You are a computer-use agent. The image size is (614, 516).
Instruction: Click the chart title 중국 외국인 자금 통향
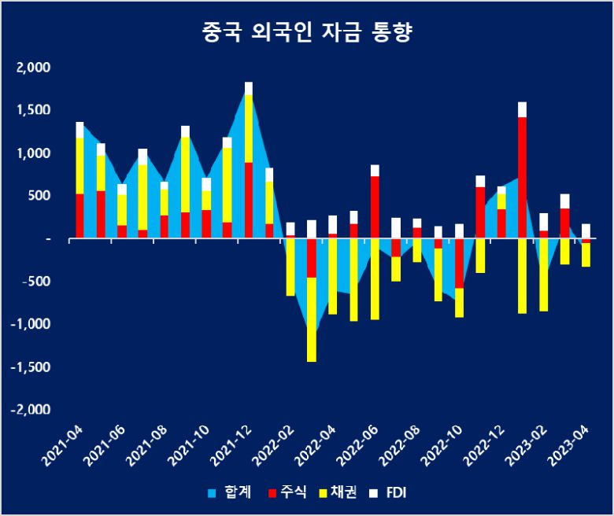(307, 33)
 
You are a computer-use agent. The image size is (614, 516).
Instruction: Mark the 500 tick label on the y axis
(39, 196)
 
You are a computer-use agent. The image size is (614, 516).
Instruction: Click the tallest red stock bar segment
(523, 177)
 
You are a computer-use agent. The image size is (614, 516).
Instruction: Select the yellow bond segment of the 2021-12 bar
(249, 128)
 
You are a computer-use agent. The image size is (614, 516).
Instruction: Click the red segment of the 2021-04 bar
(80, 215)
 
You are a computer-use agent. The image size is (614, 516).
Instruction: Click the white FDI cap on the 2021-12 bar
(249, 88)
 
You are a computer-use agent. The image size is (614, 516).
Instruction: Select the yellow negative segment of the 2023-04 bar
(586, 255)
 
